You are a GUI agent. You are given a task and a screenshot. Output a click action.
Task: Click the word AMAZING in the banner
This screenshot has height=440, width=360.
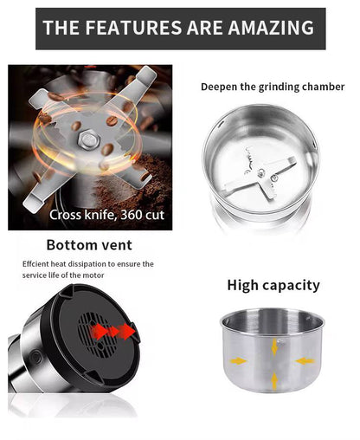coord(271,28)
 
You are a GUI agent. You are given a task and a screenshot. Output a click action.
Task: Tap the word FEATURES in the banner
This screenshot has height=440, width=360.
coord(133,28)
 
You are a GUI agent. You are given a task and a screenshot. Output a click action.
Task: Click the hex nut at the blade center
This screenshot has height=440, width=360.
coord(88,139)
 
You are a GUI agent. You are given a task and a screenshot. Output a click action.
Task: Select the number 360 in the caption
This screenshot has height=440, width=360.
coord(131,215)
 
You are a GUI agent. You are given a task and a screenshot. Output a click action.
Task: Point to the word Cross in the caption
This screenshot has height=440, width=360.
coord(65,215)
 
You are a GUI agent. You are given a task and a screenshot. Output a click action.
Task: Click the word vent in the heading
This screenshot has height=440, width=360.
coord(117,245)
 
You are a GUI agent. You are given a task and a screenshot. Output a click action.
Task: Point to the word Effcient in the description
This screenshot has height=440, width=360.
coord(35,264)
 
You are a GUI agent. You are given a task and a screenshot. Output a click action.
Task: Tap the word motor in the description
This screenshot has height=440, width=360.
coord(93,275)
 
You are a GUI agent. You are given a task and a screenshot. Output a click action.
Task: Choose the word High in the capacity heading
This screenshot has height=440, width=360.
coord(242,285)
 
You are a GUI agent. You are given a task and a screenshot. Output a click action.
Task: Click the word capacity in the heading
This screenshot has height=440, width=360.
coord(291,287)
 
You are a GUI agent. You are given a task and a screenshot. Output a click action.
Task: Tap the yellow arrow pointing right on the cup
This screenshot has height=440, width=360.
coord(238,361)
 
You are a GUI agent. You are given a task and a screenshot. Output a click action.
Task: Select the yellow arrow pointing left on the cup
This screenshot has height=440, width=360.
coord(305,361)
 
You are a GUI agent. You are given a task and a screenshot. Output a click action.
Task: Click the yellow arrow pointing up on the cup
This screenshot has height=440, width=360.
coord(274,380)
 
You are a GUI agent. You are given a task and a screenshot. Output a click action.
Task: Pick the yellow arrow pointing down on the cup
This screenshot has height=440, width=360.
coord(274,346)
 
